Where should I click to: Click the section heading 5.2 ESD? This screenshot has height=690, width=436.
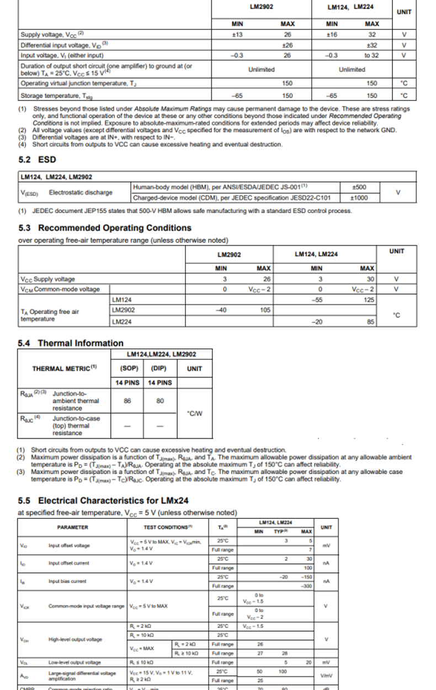pos(37,160)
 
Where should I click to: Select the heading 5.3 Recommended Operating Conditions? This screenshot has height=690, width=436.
pos(105,228)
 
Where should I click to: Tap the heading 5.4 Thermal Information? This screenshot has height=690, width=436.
pos(71,343)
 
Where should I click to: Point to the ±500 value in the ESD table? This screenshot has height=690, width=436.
pos(359,187)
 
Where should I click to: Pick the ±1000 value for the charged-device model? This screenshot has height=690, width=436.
pos(359,198)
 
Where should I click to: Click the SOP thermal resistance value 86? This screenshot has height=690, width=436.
pos(127,401)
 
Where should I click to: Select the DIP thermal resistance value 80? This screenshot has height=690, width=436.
pos(160,401)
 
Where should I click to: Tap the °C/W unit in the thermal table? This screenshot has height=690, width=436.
pos(195,413)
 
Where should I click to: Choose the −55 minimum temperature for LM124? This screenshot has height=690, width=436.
pos(317,300)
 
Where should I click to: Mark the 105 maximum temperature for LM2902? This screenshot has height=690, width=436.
pos(264,310)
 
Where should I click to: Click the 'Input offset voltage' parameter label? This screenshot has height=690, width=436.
pos(68,545)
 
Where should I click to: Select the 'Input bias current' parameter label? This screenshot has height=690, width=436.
pos(67,581)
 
